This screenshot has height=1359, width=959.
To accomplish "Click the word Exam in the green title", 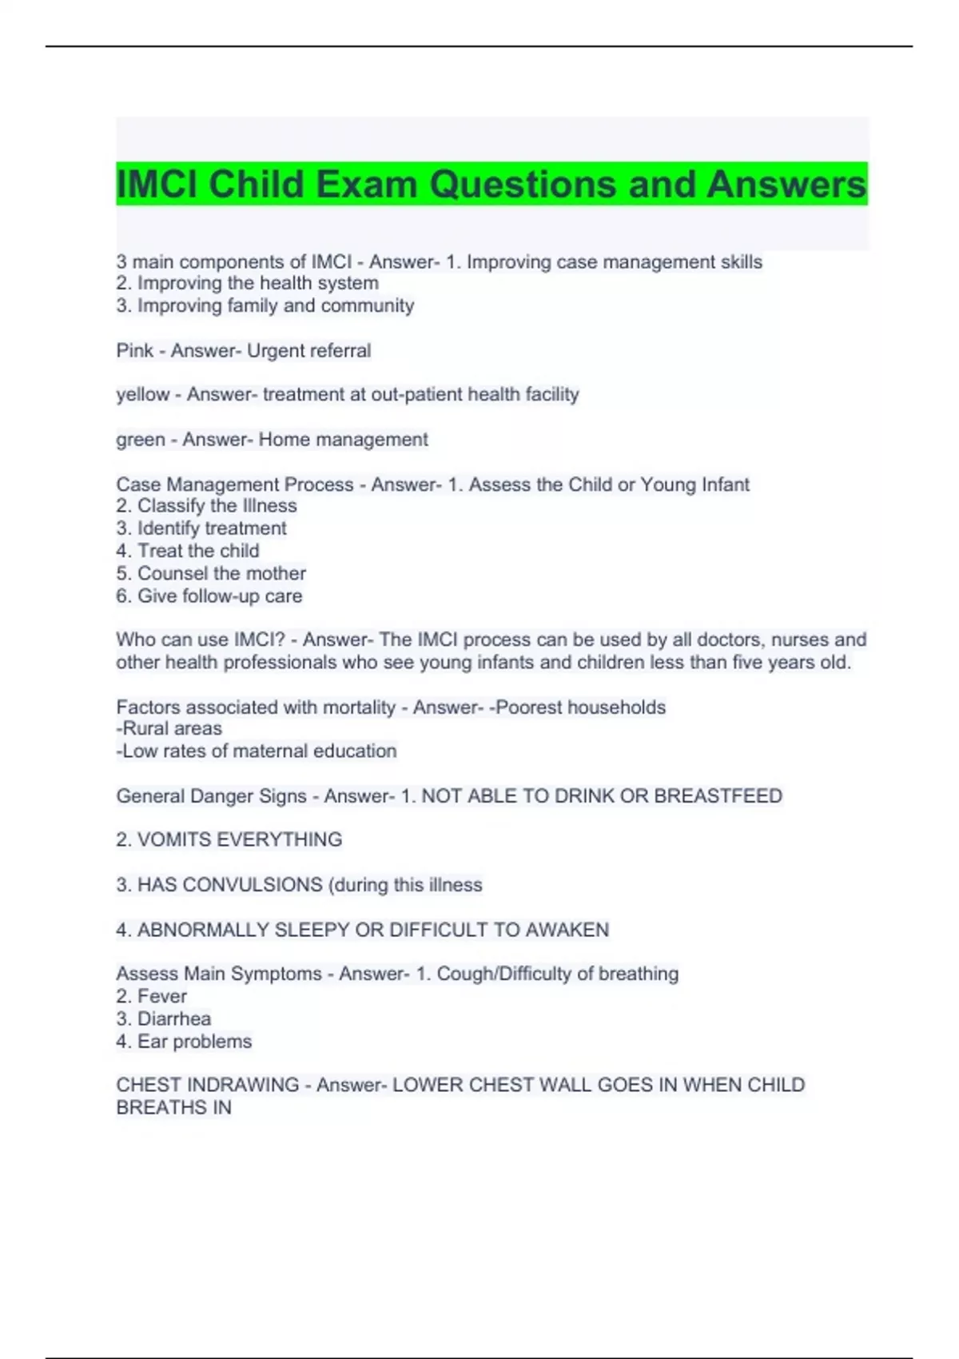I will [367, 185].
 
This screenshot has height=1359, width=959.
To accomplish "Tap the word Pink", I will [134, 351].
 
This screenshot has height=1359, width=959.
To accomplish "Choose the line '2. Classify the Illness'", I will [206, 506].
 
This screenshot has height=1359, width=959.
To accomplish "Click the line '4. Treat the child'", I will [188, 551].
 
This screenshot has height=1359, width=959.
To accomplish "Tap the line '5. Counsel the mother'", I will [211, 573].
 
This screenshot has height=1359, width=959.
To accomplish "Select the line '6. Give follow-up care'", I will [209, 596].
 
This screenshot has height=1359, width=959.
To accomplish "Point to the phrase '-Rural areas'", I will [169, 729].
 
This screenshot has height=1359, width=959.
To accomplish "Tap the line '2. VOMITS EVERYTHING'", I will [229, 840].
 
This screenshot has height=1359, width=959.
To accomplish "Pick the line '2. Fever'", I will [152, 997].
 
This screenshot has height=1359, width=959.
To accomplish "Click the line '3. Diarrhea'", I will [164, 1019].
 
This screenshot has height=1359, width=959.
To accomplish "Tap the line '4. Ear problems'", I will [184, 1042].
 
